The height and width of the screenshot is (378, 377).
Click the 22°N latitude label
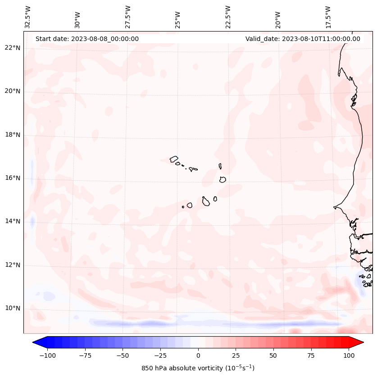[x=13, y=48]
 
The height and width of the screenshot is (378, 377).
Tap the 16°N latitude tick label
[x=13, y=178]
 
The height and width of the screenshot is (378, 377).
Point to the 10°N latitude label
[x=13, y=308]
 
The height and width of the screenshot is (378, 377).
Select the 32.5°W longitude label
[x=28, y=17]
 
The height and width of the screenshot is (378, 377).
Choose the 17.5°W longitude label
[x=328, y=17]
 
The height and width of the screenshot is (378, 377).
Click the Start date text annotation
[x=87, y=39]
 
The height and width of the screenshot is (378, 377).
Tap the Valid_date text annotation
[x=303, y=39]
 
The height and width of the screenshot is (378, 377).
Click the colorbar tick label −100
[x=47, y=355]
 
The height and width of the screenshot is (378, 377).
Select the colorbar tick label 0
[x=198, y=355]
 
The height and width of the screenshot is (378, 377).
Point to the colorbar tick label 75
[x=311, y=355]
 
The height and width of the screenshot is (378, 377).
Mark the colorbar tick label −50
[x=123, y=355]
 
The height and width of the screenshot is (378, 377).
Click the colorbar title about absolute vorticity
[x=198, y=368]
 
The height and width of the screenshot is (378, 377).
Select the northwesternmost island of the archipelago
[x=174, y=159]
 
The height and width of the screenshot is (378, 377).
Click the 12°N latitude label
[x=13, y=265]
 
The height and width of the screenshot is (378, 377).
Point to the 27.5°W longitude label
[x=128, y=17]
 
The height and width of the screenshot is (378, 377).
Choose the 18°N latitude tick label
[x=13, y=135]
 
